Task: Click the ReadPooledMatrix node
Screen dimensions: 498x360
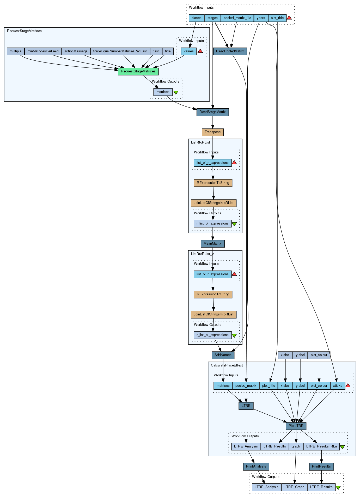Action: pyautogui.click(x=230, y=51)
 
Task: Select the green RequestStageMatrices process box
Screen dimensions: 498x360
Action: pyautogui.click(x=138, y=71)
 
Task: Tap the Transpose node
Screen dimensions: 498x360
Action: pyautogui.click(x=212, y=132)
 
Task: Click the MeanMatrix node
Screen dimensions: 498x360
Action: pyautogui.click(x=212, y=244)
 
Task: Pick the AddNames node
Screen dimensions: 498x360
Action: pyautogui.click(x=223, y=355)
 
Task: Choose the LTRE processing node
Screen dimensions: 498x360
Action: pyautogui.click(x=246, y=406)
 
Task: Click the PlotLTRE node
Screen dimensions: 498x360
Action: pyautogui.click(x=296, y=426)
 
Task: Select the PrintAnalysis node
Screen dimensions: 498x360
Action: pyautogui.click(x=256, y=466)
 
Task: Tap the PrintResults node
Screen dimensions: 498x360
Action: pyautogui.click(x=321, y=466)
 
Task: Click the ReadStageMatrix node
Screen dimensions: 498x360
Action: pyautogui.click(x=212, y=112)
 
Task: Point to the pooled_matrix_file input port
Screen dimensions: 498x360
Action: pyautogui.click(x=237, y=18)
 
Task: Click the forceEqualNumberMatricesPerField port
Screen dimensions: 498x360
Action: pyautogui.click(x=120, y=51)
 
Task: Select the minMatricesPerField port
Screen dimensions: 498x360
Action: pyautogui.click(x=43, y=51)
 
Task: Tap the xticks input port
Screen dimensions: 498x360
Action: pyautogui.click(x=338, y=386)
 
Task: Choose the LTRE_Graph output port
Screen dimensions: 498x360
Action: pyautogui.click(x=294, y=487)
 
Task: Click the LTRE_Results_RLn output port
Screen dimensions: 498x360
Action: pyautogui.click(x=321, y=446)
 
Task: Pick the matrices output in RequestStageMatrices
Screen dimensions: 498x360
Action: pyautogui.click(x=163, y=92)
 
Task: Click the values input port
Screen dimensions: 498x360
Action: pyautogui.click(x=188, y=51)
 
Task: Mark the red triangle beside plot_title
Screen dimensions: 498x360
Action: pyautogui.click(x=289, y=18)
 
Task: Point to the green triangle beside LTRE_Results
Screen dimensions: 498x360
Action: pyautogui.click(x=338, y=488)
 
